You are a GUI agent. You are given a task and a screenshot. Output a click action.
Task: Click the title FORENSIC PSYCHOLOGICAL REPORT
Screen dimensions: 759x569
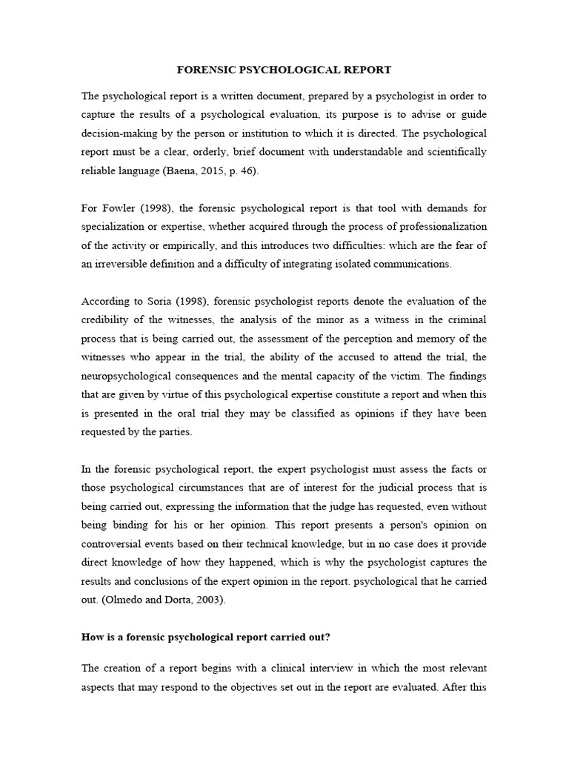pos(284,70)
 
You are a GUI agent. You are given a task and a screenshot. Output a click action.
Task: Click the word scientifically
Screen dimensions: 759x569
pos(453,151)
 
